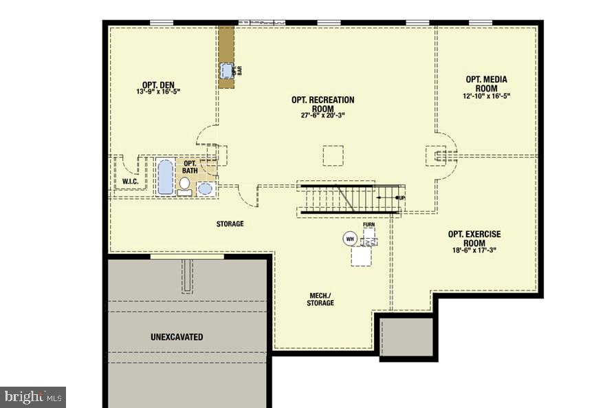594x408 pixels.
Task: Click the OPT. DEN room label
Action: (158, 85)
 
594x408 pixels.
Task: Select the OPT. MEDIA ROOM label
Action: (486, 83)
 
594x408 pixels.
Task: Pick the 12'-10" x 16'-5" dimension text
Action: (486, 96)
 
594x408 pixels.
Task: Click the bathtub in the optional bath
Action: (165, 177)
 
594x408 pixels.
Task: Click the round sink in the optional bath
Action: (205, 188)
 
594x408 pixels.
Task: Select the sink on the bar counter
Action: (228, 70)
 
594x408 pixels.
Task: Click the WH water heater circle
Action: (350, 239)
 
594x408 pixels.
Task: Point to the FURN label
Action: (369, 225)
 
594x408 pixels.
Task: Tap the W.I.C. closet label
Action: (131, 182)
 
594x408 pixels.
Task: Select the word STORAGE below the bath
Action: (230, 224)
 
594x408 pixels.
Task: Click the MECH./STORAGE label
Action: (320, 299)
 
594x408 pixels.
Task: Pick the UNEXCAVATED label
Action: (177, 337)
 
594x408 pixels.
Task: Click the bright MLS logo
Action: (33, 396)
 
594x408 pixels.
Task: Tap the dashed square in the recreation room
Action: (333, 155)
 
